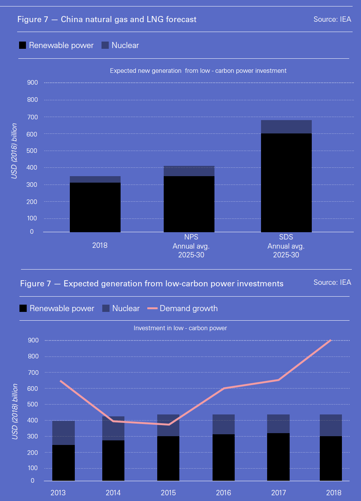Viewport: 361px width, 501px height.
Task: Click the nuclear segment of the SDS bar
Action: click(286, 127)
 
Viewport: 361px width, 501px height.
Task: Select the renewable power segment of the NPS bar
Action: click(189, 204)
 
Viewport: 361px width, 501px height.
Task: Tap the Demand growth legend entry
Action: click(189, 308)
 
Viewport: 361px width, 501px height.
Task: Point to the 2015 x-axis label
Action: click(168, 493)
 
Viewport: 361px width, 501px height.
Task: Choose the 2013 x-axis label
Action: click(58, 493)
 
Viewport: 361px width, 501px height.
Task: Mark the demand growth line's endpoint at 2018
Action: click(330, 340)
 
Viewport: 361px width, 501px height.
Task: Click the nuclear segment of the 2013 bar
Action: click(63, 433)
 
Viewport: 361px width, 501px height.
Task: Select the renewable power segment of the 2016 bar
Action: click(223, 458)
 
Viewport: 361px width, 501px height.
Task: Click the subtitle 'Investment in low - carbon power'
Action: click(180, 328)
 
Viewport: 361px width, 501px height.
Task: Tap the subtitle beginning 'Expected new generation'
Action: click(198, 71)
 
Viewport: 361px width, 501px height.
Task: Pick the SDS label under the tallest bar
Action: click(286, 237)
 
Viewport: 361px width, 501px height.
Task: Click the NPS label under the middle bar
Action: click(191, 237)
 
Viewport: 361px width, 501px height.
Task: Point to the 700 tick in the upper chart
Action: click(33, 117)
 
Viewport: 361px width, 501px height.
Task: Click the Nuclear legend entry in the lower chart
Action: click(126, 308)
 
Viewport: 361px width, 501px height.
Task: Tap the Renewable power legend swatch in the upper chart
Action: click(23, 45)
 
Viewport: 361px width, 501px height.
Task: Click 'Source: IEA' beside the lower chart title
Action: click(332, 283)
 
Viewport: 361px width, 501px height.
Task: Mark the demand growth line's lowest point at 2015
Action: click(168, 424)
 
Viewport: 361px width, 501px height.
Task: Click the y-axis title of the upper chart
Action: click(14, 151)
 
